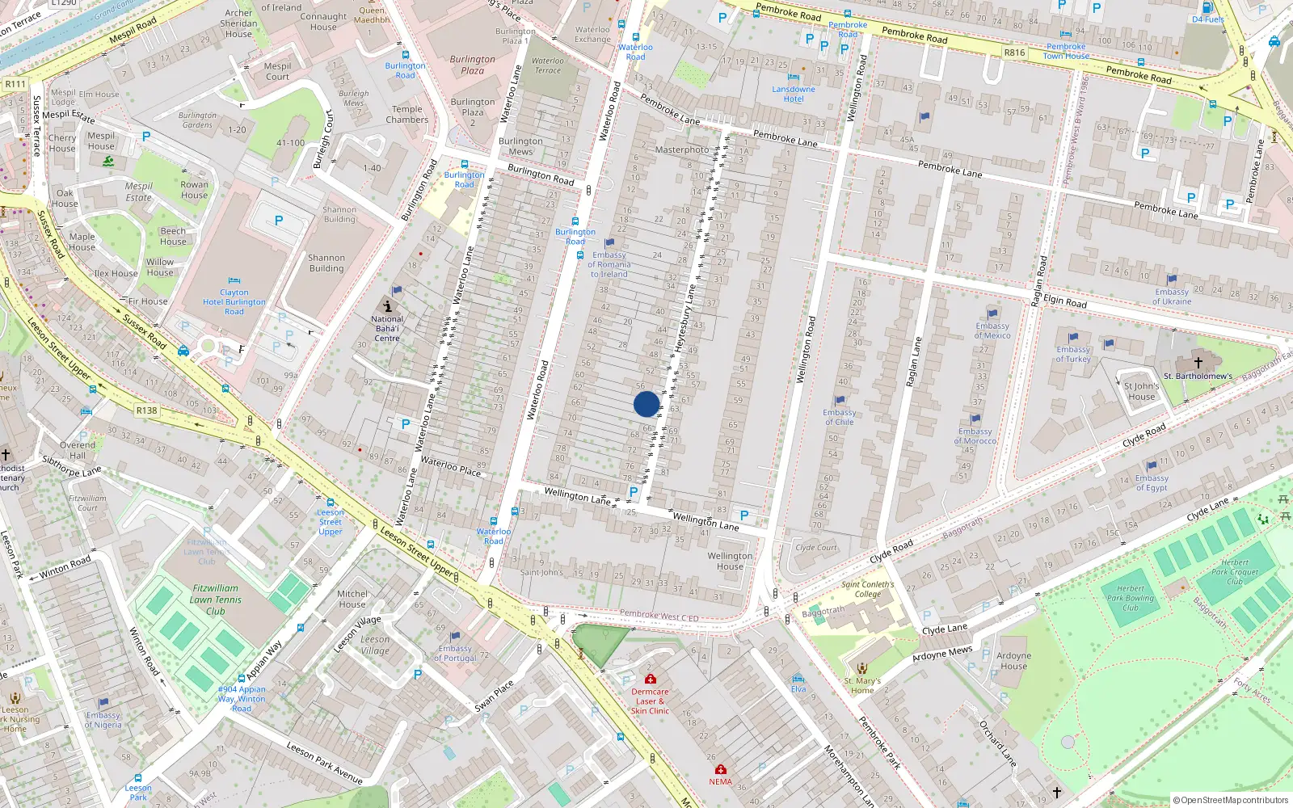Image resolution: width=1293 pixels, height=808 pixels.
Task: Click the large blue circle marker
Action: pyautogui.click(x=646, y=404)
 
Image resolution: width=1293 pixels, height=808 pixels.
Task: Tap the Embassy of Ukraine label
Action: pyautogui.click(x=1172, y=297)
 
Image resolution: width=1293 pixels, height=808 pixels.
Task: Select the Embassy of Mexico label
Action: pyautogui.click(x=992, y=330)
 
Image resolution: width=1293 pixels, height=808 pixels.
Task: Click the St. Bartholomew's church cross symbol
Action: pyautogui.click(x=1198, y=363)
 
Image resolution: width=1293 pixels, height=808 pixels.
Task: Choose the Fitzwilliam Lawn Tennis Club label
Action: pyautogui.click(x=216, y=600)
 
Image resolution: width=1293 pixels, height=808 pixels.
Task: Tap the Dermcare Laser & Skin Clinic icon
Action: pyautogui.click(x=650, y=679)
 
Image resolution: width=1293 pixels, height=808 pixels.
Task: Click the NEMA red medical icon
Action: pyautogui.click(x=721, y=769)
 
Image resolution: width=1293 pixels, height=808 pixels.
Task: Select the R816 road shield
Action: pyautogui.click(x=1014, y=53)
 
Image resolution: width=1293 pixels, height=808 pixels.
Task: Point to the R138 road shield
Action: pyautogui.click(x=146, y=410)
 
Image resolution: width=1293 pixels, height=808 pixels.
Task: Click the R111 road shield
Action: pyautogui.click(x=15, y=84)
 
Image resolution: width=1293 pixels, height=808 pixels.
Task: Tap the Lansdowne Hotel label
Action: pyautogui.click(x=794, y=94)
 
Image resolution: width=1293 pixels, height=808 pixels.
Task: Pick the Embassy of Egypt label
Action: pyautogui.click(x=1152, y=482)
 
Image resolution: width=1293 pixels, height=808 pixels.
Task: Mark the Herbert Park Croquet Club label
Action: pyautogui.click(x=1235, y=571)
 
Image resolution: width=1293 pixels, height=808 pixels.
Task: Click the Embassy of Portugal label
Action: pyautogui.click(x=455, y=653)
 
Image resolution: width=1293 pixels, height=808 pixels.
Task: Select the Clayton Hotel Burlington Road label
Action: pyautogui.click(x=234, y=302)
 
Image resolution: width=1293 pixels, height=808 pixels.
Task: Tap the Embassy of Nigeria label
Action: pyautogui.click(x=103, y=719)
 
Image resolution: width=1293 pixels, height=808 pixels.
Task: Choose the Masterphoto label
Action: pyautogui.click(x=681, y=149)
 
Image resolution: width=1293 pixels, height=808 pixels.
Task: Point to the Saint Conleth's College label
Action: pyautogui.click(x=868, y=589)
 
